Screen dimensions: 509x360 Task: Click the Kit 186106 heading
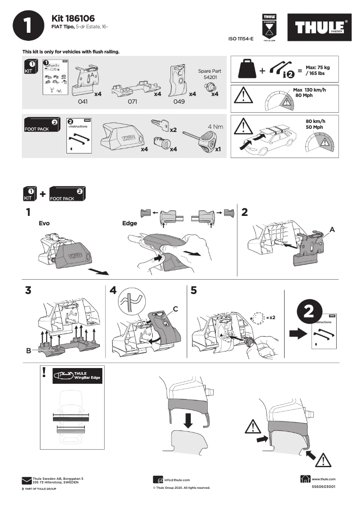tap(73, 18)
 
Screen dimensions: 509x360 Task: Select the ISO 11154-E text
tap(241, 39)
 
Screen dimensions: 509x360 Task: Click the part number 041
tap(83, 102)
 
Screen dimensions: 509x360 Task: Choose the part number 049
tap(179, 102)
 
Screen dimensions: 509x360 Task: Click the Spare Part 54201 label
tap(209, 74)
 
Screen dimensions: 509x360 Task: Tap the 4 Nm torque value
tap(215, 127)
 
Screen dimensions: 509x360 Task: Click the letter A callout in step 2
tap(332, 229)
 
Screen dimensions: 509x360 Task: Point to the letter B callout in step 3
tap(29, 351)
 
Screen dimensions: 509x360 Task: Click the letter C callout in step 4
tap(176, 308)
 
